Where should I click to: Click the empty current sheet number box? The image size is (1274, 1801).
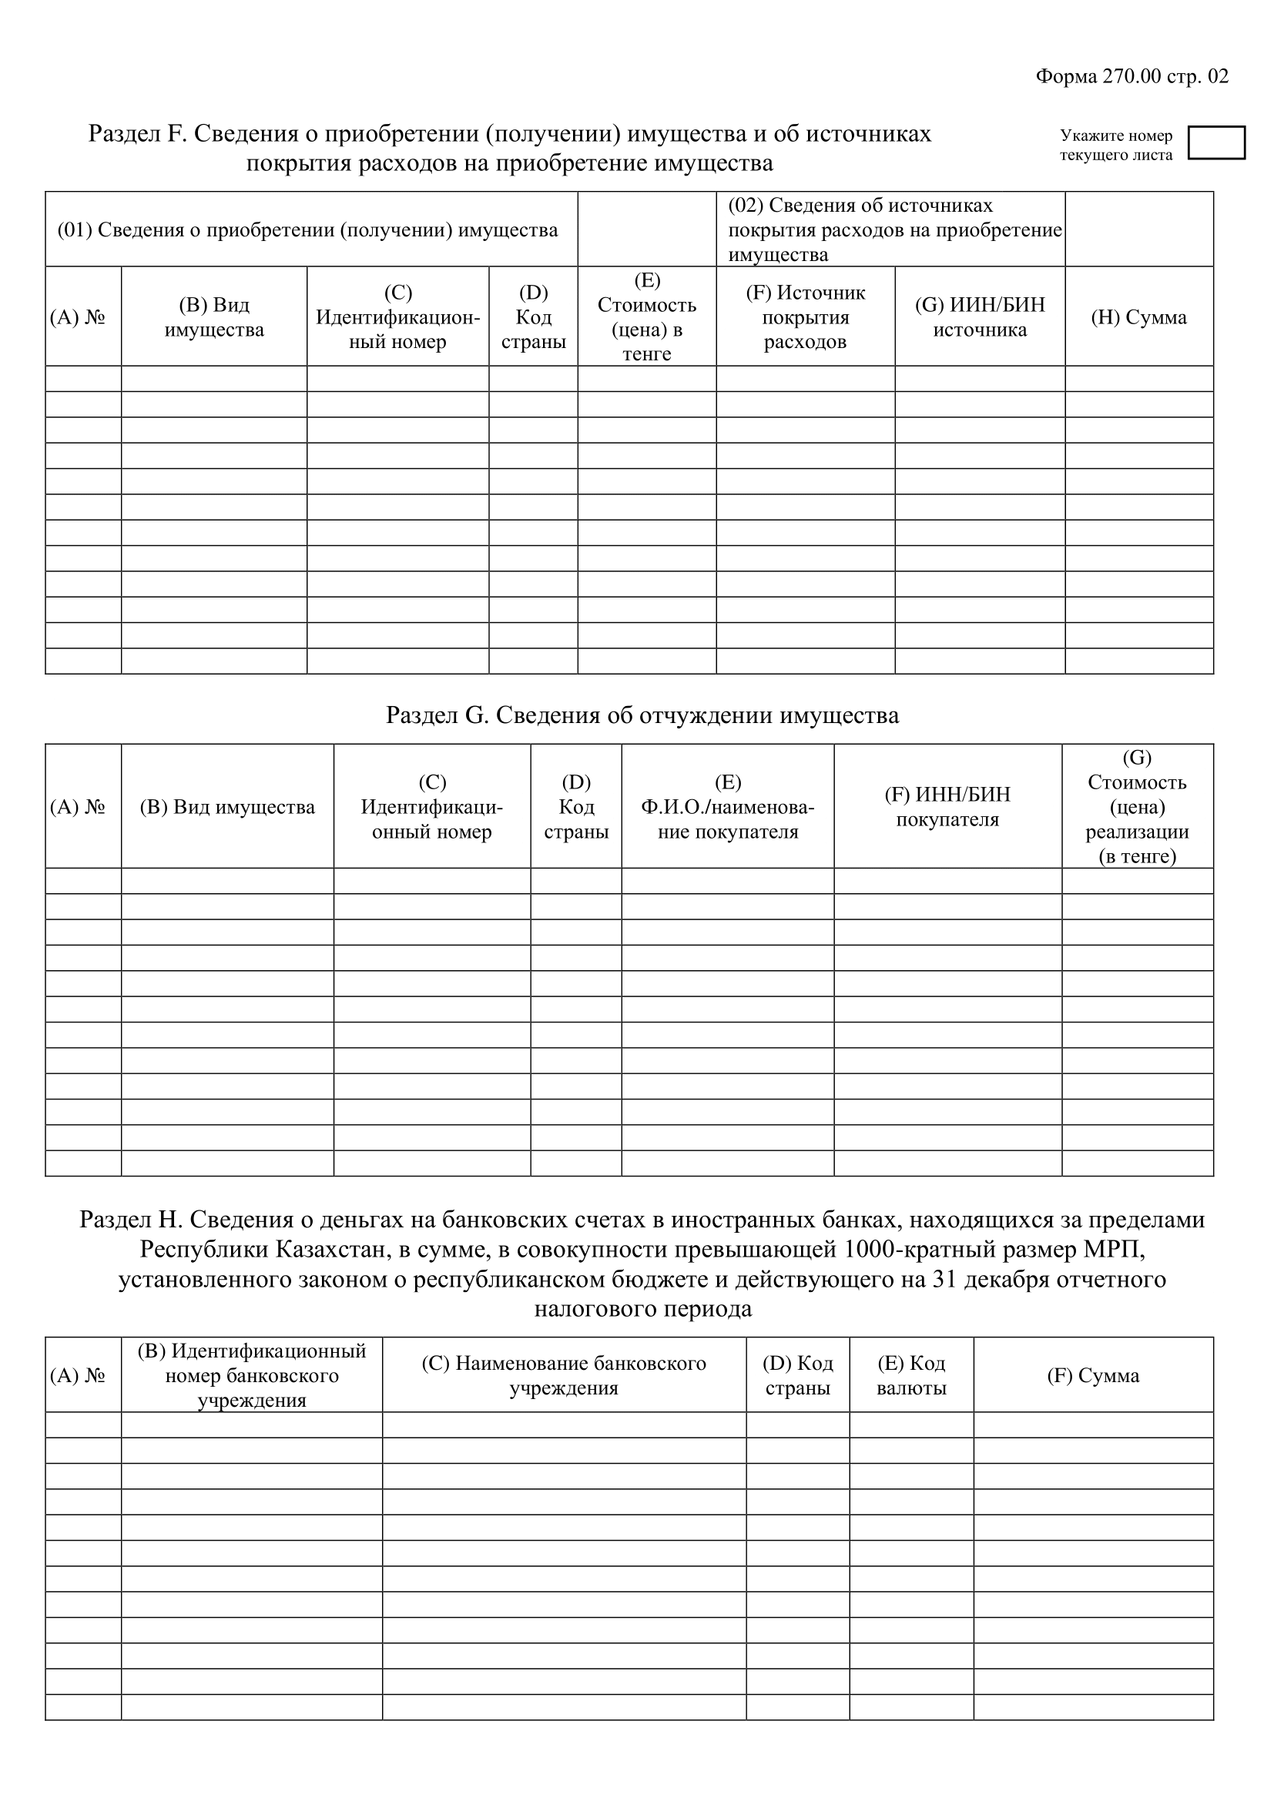1216,142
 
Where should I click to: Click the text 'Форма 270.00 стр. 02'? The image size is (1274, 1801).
1132,76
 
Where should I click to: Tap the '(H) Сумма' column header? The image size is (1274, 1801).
1138,317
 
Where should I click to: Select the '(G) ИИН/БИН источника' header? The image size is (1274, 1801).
980,317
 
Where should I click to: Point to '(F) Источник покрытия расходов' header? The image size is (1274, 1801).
805,317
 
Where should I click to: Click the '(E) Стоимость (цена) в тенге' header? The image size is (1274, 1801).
646,317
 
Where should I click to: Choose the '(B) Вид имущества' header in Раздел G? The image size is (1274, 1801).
226,806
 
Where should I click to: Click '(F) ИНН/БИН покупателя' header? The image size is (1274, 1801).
947,806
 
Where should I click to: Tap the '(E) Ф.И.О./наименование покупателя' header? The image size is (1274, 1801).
727,806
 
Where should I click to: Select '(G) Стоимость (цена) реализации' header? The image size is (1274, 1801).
1137,806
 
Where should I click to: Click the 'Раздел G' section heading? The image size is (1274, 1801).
642,715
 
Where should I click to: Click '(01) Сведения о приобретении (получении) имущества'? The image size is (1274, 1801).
307,229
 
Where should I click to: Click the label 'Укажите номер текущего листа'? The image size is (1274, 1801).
1115,145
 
